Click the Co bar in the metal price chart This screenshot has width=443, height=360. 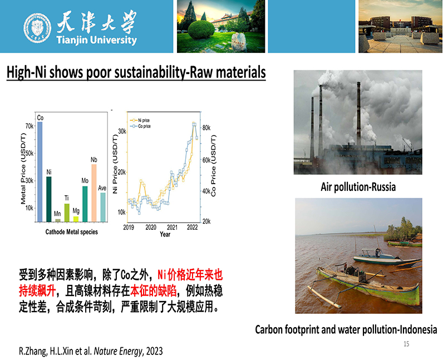(40, 172)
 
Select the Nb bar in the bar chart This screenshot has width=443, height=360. (94, 193)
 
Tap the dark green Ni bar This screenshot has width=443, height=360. (49, 199)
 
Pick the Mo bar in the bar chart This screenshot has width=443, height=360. (85, 204)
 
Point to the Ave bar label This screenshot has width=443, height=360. (102, 188)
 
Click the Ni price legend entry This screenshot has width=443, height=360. (140, 120)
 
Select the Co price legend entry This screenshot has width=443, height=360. (140, 126)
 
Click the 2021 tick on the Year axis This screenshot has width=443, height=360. (172, 228)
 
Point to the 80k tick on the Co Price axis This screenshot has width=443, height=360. (206, 128)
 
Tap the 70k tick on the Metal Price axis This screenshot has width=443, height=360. (29, 126)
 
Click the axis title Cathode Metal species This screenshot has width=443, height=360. (71, 232)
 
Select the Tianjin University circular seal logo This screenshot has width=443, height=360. (37, 28)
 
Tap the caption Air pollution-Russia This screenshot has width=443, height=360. (358, 187)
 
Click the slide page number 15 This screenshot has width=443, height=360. (406, 344)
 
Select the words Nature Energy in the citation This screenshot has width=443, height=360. (118, 351)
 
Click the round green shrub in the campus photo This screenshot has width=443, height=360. (201, 29)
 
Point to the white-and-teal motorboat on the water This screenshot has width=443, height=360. (387, 258)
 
